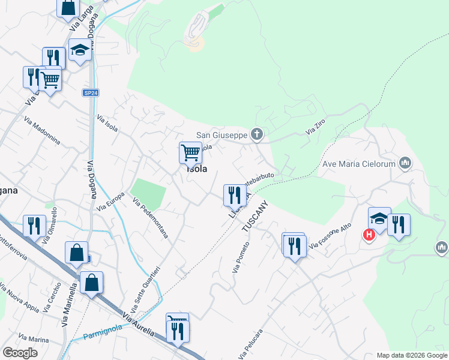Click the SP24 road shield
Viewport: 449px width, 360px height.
90,93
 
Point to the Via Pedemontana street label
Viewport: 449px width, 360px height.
150,218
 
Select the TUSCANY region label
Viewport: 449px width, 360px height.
253,217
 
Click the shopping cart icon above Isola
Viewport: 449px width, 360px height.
190,152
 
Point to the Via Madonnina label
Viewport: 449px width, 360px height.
42,130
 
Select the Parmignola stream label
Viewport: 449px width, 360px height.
103,331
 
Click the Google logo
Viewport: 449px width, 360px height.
20,353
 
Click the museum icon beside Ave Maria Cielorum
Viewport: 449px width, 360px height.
405,163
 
